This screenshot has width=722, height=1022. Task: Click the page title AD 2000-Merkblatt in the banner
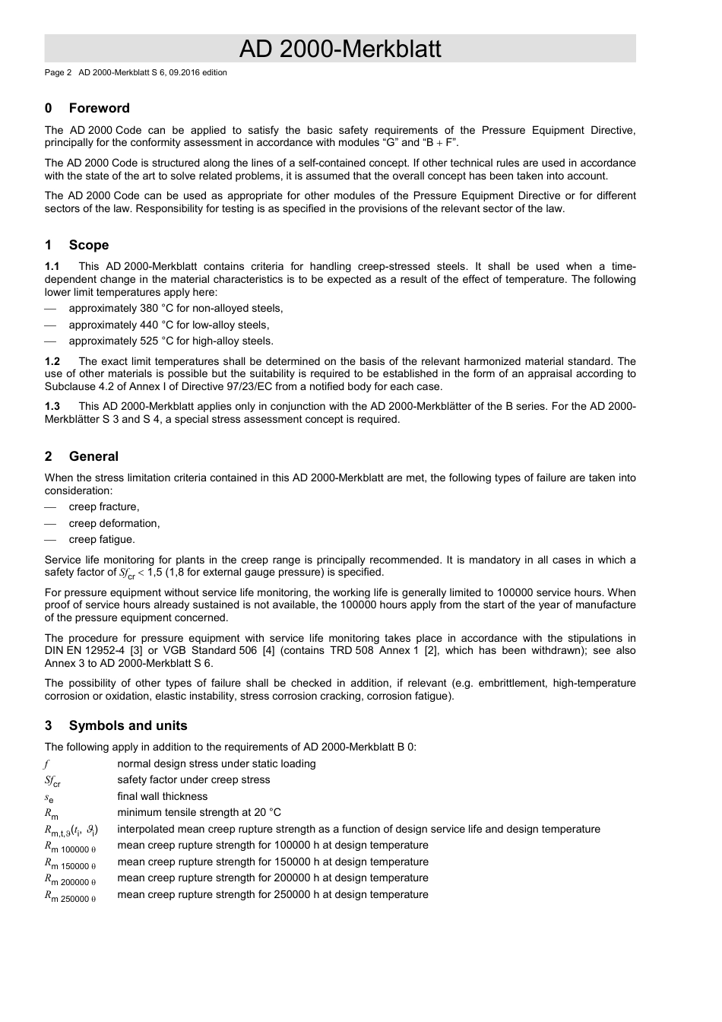point(340,49)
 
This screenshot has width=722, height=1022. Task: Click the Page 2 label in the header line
point(58,73)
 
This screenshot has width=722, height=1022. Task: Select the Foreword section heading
point(99,108)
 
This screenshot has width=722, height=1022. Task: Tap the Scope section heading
point(88,245)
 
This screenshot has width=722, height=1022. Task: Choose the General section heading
point(93,456)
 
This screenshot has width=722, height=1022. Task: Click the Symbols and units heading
point(128,725)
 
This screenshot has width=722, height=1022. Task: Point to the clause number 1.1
point(52,266)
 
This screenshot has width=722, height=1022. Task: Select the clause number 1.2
point(52,361)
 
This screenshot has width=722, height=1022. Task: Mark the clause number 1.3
point(52,406)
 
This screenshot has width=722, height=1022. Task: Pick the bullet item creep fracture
point(104,506)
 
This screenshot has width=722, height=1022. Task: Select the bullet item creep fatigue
point(102,539)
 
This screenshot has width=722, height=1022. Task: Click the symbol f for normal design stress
point(46,764)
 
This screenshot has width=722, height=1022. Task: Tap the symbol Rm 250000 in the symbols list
point(70,896)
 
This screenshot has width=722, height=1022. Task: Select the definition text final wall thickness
point(162,796)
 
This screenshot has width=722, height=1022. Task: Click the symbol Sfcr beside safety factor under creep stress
point(52,781)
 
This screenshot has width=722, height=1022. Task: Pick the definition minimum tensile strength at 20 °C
point(198,812)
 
